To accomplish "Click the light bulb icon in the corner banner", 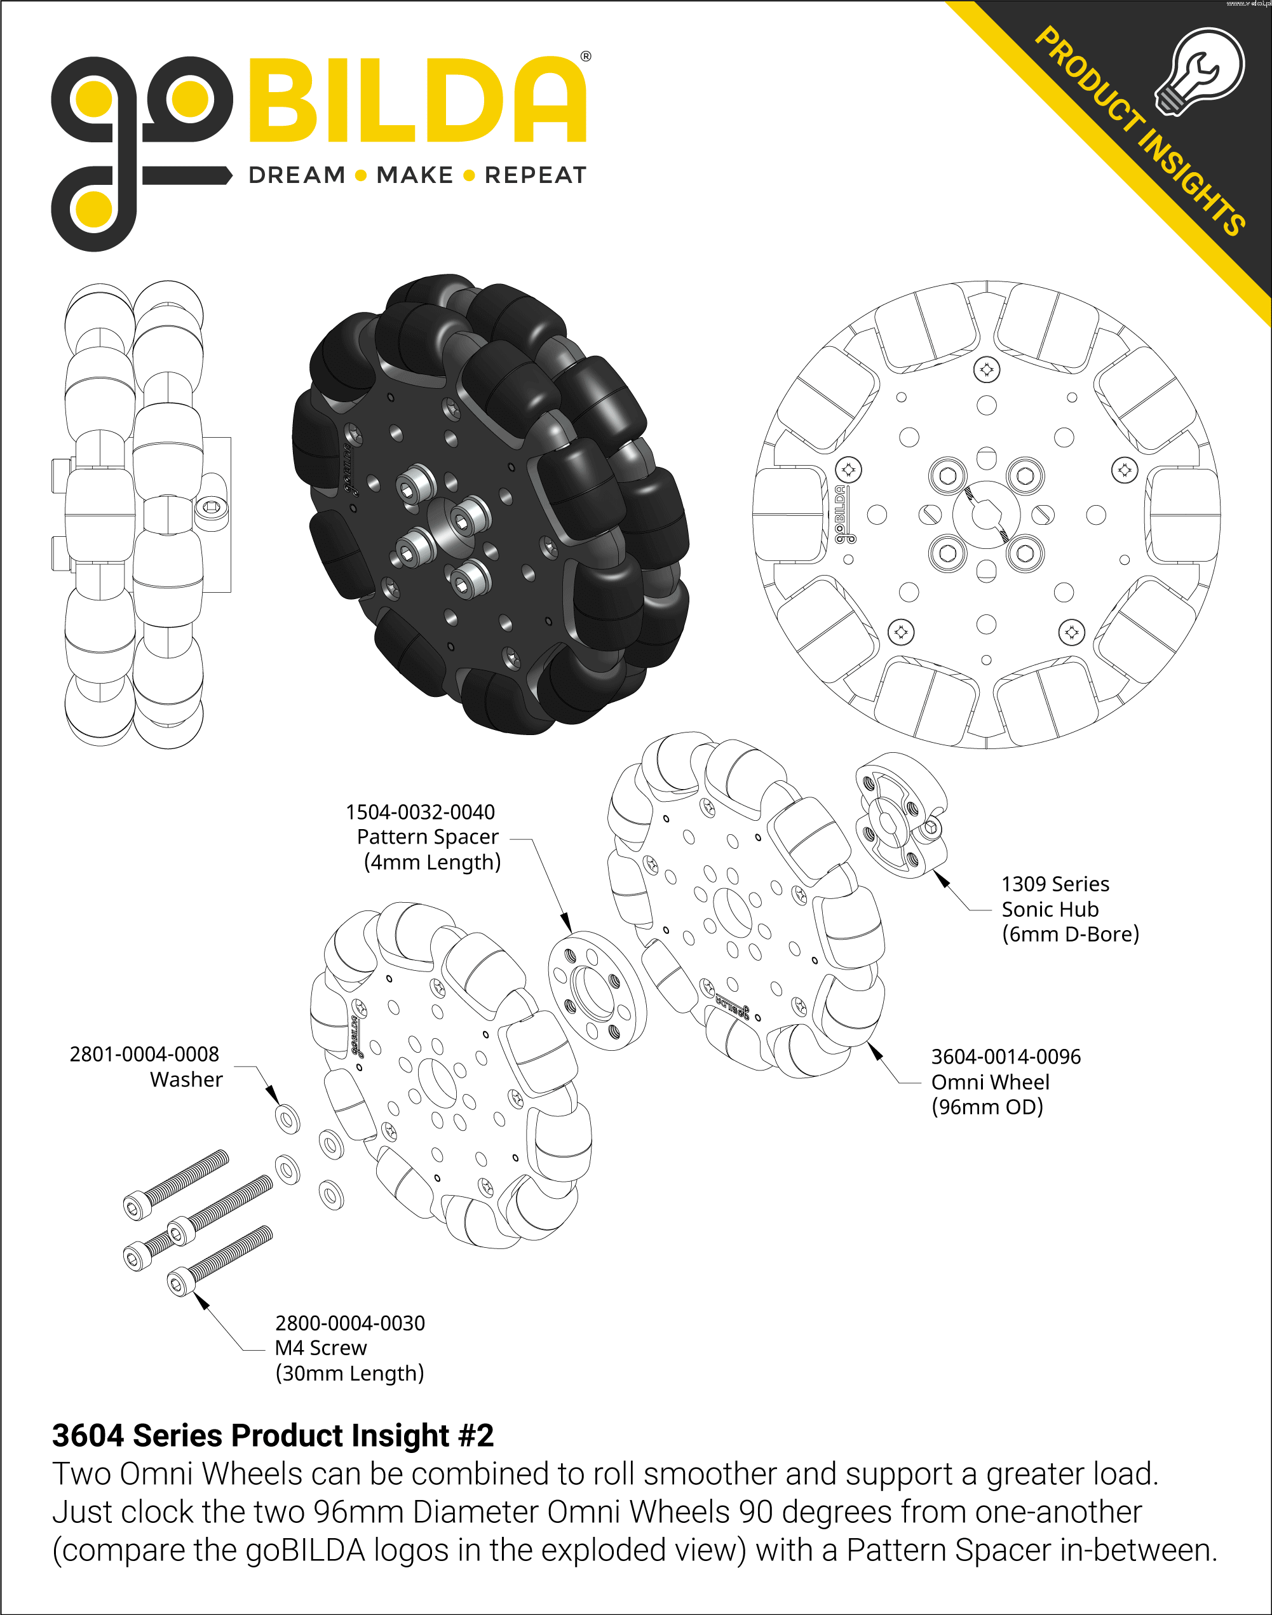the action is point(1200,71).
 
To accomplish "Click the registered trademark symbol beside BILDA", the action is point(585,56).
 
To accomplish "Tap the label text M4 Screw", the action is point(321,1347).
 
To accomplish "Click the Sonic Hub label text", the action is point(1050,909).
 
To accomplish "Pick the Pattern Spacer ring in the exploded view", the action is point(597,990).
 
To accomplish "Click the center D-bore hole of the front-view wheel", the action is point(986,514).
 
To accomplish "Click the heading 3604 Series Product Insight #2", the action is point(273,1435).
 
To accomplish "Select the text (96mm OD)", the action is point(987,1107).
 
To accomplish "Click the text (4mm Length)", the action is point(432,862).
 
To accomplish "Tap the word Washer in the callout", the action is point(186,1079).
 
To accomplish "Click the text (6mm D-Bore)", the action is point(1070,934).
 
